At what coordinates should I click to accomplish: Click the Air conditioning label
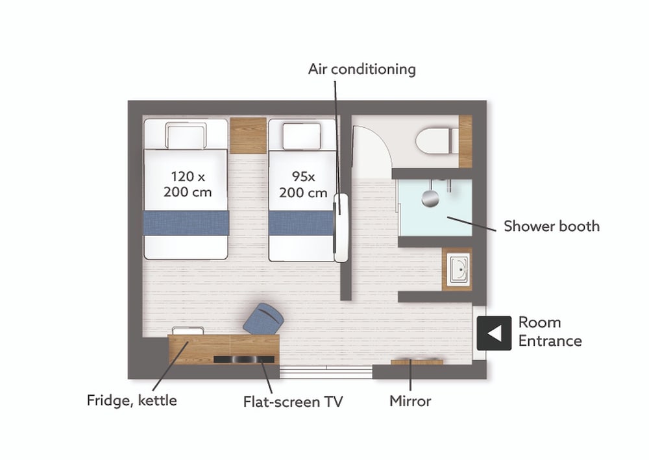click(361, 69)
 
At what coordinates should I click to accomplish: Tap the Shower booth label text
click(551, 226)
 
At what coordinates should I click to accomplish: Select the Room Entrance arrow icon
click(494, 333)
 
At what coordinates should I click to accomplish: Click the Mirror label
click(410, 401)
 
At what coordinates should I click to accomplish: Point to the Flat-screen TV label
click(293, 402)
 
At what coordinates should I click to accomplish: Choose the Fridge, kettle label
click(132, 400)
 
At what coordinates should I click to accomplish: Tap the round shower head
click(430, 198)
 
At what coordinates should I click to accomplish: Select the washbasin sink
click(459, 269)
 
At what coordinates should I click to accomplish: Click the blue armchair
click(263, 319)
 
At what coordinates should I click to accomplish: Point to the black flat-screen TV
click(244, 359)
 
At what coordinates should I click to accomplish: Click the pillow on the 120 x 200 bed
click(186, 136)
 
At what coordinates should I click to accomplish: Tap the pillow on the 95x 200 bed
click(301, 136)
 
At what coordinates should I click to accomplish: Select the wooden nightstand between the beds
click(248, 136)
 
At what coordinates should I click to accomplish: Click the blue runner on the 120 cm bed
click(186, 223)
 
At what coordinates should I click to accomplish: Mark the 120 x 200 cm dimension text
click(188, 184)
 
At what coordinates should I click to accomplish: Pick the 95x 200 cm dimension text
click(303, 184)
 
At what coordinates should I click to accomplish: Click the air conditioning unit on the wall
click(341, 228)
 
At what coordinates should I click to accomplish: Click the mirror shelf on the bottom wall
click(417, 363)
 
